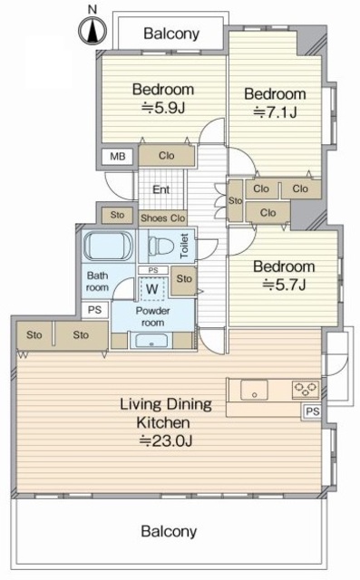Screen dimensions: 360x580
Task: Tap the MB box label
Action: coord(118,157)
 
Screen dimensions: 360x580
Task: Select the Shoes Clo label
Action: coord(163,218)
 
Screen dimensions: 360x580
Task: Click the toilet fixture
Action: coord(161,245)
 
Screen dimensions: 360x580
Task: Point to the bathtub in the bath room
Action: coord(108,246)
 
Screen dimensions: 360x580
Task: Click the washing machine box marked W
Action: coord(152,289)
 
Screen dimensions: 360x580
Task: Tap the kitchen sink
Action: coord(254,390)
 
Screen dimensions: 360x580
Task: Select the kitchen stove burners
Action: coord(306,390)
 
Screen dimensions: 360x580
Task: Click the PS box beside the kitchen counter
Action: coord(313,411)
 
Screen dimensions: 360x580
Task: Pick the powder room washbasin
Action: coord(151,341)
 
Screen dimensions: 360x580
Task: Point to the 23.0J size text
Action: coord(165,441)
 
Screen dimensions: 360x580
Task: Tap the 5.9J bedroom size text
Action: coord(163,108)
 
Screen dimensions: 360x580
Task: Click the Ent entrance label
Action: coord(161,189)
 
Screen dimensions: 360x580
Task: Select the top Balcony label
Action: coord(171,34)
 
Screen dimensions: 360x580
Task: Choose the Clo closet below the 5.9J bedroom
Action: coord(167,156)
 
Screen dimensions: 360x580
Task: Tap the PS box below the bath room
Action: coord(94,309)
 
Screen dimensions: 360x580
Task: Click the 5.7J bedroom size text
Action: coord(284,285)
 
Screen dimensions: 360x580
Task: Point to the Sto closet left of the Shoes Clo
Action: coord(117,215)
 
